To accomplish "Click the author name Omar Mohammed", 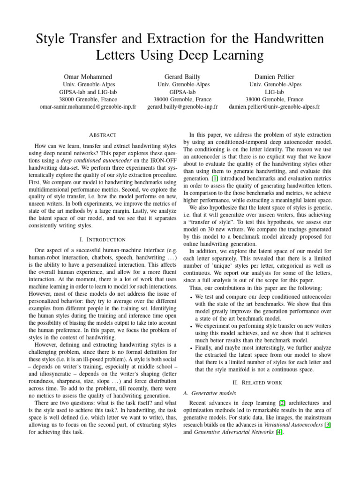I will tap(88, 76).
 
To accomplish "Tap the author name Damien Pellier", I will tap(274, 76).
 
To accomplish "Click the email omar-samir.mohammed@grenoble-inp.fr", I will tap(88, 107).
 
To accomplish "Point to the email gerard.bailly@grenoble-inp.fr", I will tap(183, 107).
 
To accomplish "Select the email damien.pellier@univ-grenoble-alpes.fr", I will tap(274, 107).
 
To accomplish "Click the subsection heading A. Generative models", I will tap(211, 393).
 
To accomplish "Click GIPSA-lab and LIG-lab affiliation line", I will tap(88, 92).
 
